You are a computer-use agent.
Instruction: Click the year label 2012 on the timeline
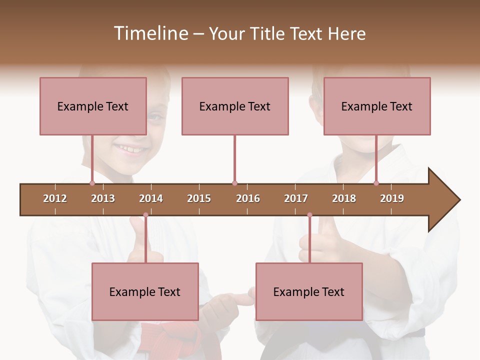pyautogui.click(x=55, y=198)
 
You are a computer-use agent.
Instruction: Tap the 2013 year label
pyautogui.click(x=103, y=198)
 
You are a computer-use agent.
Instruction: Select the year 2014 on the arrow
pyautogui.click(x=151, y=198)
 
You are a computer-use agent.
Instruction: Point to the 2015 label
pyautogui.click(x=199, y=198)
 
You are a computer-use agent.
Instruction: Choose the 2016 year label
pyautogui.click(x=248, y=198)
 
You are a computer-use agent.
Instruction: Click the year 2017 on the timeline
pyautogui.click(x=296, y=198)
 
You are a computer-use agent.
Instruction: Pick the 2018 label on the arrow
pyautogui.click(x=344, y=198)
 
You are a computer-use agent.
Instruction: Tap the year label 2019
pyautogui.click(x=392, y=198)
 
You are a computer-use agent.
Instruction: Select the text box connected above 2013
pyautogui.click(x=93, y=106)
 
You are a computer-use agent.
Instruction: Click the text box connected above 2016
pyautogui.click(x=235, y=106)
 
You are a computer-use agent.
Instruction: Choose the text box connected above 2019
pyautogui.click(x=377, y=106)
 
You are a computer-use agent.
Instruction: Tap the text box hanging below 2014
pyautogui.click(x=145, y=291)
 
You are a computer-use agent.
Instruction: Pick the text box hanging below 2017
pyautogui.click(x=309, y=291)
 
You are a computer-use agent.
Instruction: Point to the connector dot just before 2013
pyautogui.click(x=92, y=183)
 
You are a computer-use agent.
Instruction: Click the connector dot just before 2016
pyautogui.click(x=234, y=183)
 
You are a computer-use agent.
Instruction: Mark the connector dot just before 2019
pyautogui.click(x=376, y=183)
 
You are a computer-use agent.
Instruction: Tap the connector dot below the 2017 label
pyautogui.click(x=309, y=215)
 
